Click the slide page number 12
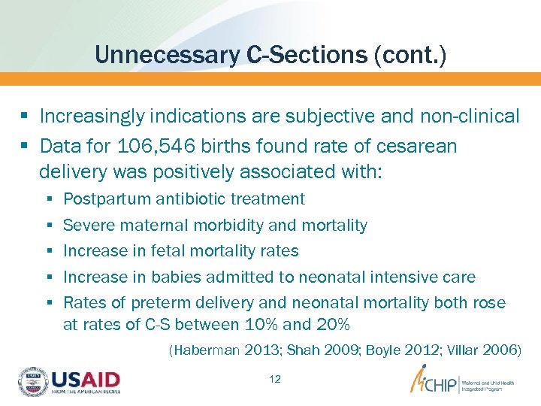tap(275, 379)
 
